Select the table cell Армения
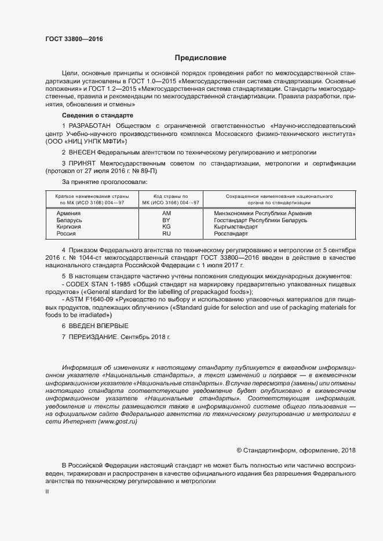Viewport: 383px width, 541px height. click(68, 213)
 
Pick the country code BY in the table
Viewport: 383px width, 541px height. click(166, 220)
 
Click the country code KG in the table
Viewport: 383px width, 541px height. click(166, 227)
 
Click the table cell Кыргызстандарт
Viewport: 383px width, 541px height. click(236, 227)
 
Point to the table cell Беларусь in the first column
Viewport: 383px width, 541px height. click(70, 220)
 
